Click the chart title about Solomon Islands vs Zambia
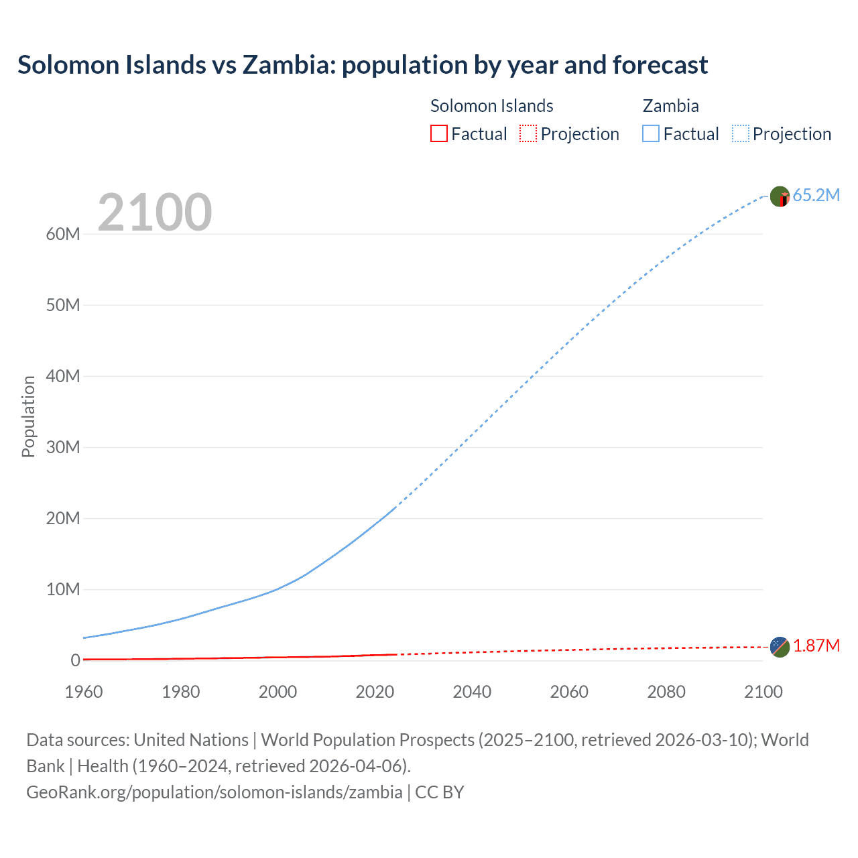(x=362, y=65)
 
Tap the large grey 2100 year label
(x=155, y=212)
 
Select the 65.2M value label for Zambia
(x=816, y=196)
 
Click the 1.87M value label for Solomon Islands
(x=816, y=646)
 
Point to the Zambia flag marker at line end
(x=780, y=196)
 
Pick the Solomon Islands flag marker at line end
(x=780, y=647)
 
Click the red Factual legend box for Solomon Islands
(x=438, y=134)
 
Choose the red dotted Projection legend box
(x=528, y=134)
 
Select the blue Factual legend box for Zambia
(x=651, y=134)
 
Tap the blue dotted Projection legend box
(x=741, y=134)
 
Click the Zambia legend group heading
(x=670, y=106)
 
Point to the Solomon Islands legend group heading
(x=491, y=106)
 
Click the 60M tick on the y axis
(x=63, y=234)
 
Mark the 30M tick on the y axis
(x=63, y=447)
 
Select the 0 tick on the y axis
(x=75, y=660)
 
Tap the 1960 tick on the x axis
(x=84, y=692)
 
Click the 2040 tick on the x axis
(x=472, y=692)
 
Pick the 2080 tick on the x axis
(x=666, y=692)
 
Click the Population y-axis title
(x=28, y=416)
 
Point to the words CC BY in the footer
(x=440, y=792)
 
